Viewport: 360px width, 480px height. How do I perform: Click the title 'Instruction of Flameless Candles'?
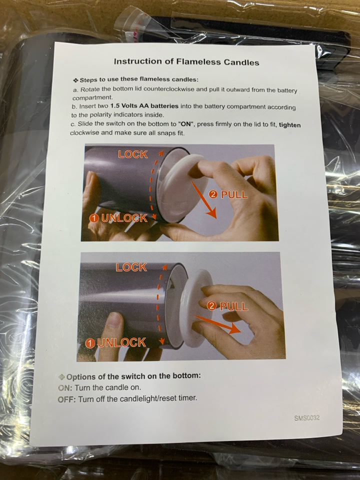pyautogui.click(x=186, y=62)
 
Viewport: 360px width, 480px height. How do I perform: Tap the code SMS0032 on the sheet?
pyautogui.click(x=306, y=418)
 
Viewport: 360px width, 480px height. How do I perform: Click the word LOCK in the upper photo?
pyautogui.click(x=133, y=154)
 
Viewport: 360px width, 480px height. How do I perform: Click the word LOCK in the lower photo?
pyautogui.click(x=131, y=267)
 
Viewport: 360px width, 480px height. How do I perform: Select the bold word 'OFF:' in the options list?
pyautogui.click(x=67, y=399)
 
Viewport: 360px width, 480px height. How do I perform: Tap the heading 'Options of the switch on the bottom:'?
pyautogui.click(x=133, y=376)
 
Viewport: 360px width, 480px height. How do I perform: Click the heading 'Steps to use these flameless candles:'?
pyautogui.click(x=139, y=79)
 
